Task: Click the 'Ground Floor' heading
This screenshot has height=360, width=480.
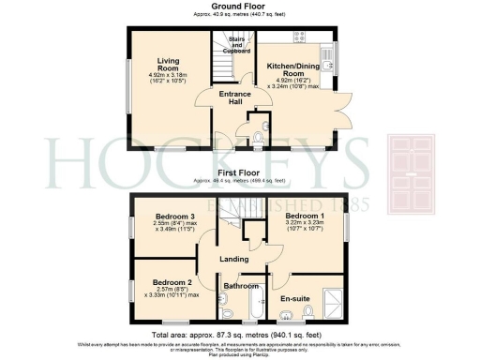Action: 239,7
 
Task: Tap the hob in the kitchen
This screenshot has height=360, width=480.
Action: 303,37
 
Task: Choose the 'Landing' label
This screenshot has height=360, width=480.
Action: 235,259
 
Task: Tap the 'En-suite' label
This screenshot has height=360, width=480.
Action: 298,300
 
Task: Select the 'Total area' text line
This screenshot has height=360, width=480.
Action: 239,335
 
